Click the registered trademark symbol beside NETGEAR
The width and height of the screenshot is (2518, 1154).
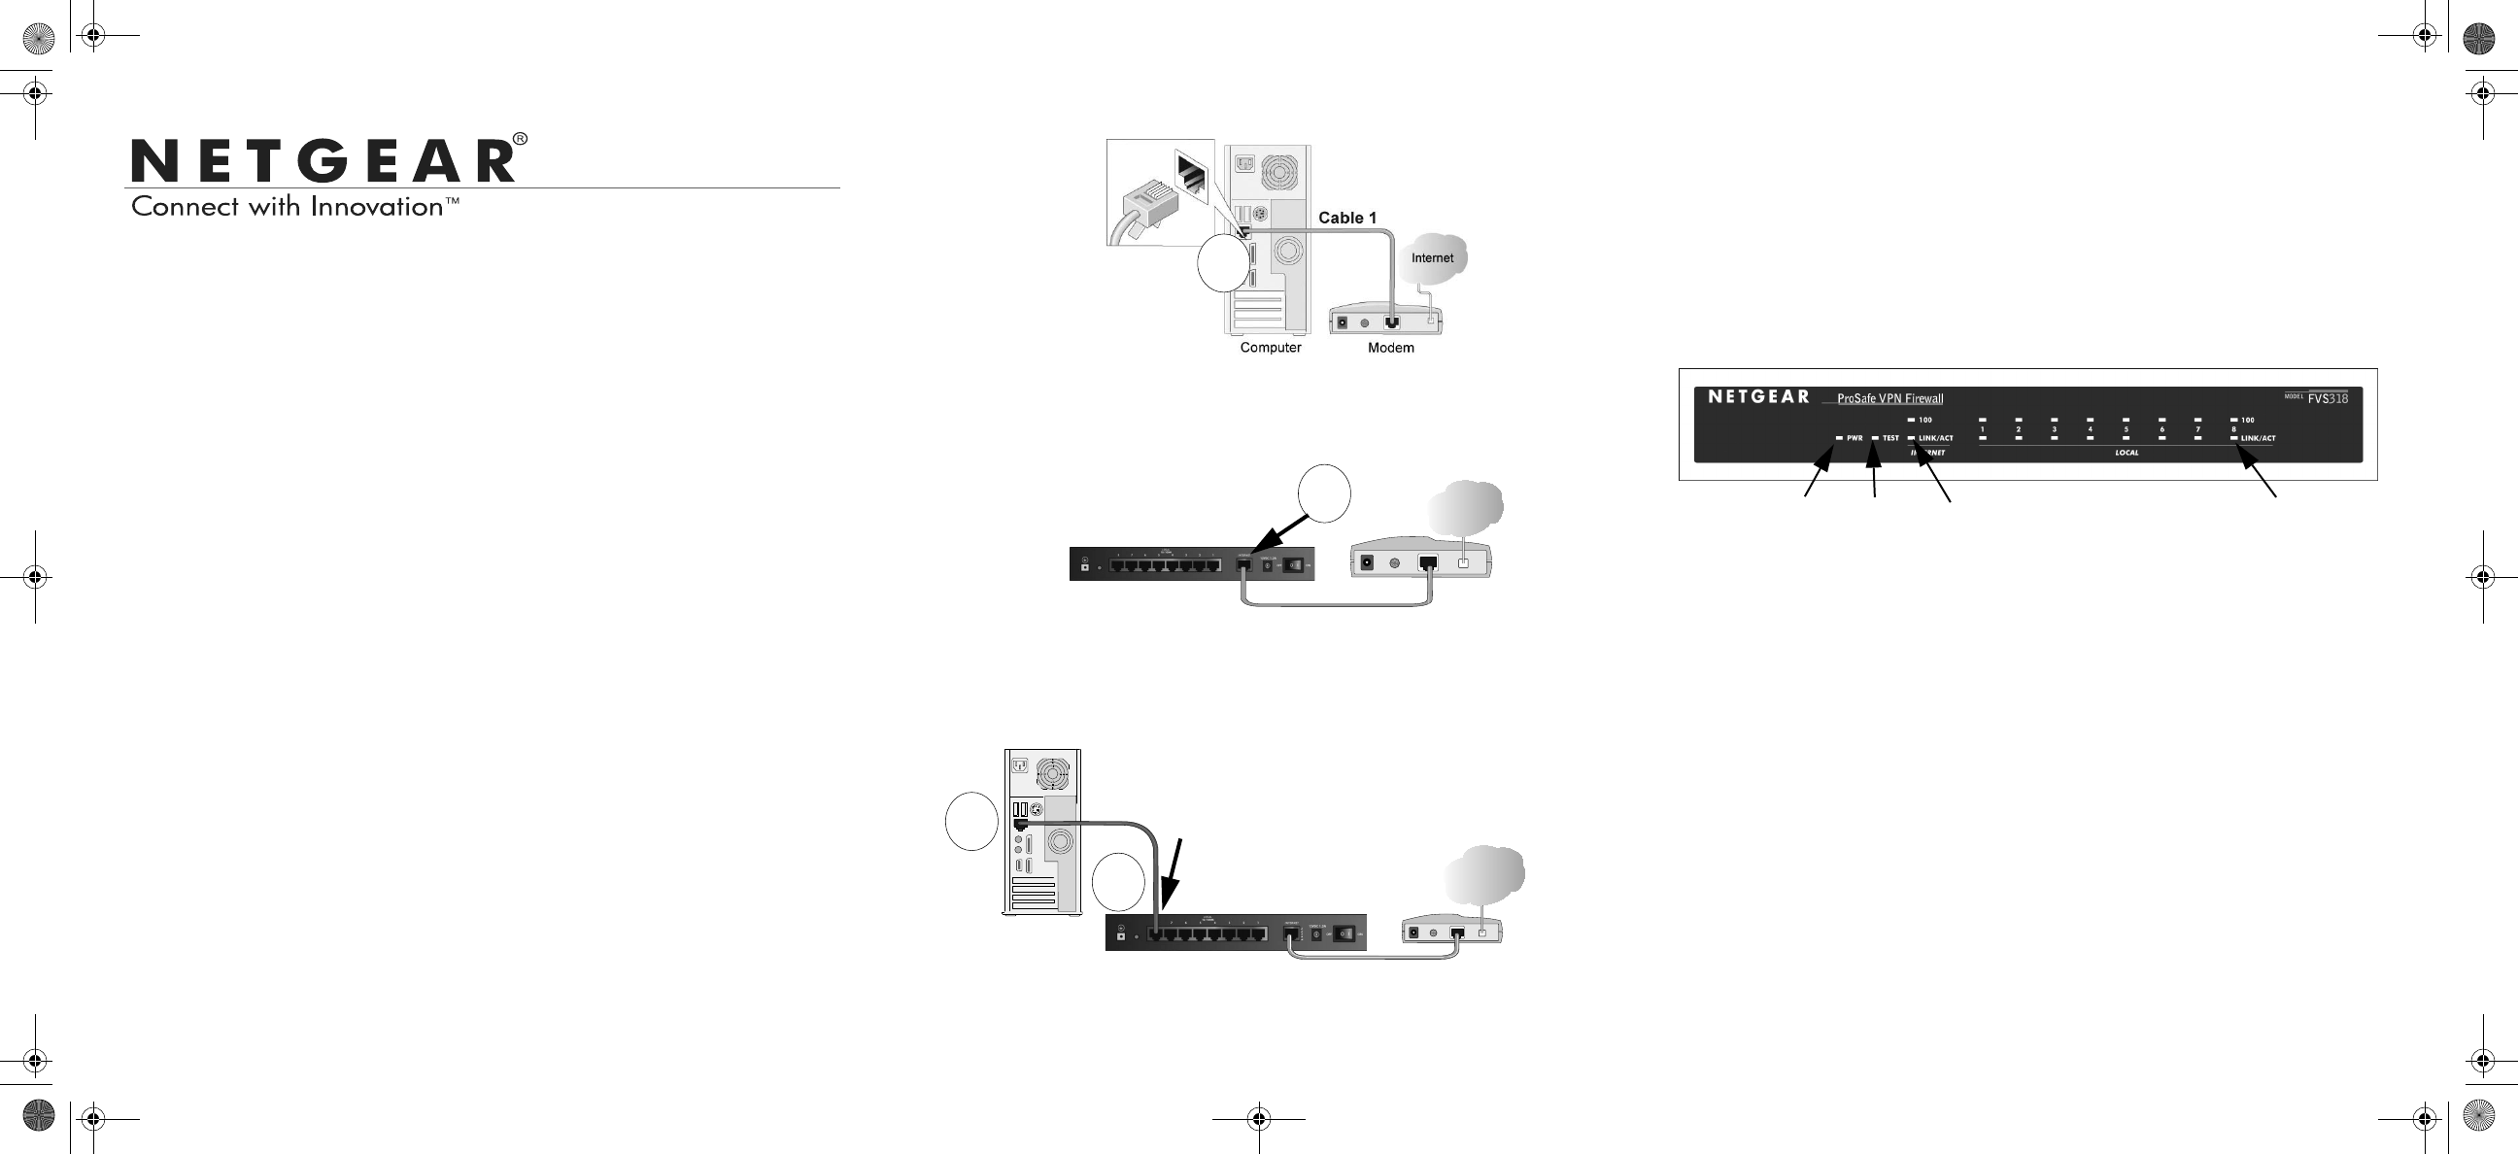520,139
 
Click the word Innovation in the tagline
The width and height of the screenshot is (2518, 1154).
376,207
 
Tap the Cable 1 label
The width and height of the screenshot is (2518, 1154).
1347,218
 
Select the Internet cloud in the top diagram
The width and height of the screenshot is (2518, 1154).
1432,258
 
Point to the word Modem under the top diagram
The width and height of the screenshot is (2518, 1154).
1390,348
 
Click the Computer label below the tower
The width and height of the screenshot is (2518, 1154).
1270,348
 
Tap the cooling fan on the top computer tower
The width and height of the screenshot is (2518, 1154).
1279,172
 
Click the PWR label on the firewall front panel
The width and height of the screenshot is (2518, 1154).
1854,438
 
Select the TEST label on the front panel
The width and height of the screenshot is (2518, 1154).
1890,438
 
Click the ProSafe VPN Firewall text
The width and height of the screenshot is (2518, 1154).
1889,398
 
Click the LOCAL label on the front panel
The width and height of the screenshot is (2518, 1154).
2127,454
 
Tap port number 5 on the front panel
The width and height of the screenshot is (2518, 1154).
2127,429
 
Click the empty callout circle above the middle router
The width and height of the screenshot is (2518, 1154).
1324,494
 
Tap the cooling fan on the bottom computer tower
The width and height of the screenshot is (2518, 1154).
1053,775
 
